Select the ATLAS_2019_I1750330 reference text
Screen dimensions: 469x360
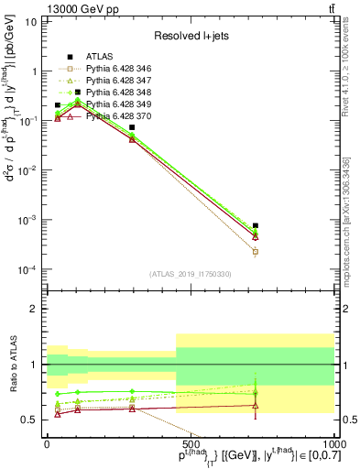[x=191, y=274]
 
